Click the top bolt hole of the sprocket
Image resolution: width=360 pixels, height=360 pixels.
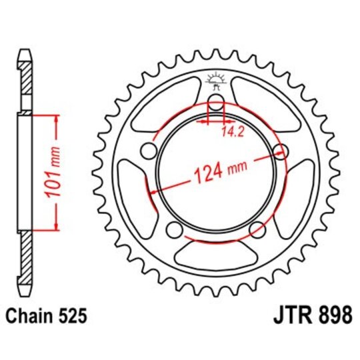(216, 101)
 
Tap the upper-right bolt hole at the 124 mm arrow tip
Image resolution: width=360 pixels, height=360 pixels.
(281, 151)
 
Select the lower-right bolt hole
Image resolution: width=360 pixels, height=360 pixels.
(255, 230)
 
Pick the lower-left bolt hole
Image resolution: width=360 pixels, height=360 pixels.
(175, 230)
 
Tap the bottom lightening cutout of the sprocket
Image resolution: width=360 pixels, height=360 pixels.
(215, 255)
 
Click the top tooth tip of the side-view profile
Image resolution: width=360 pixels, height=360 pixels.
(25, 52)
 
